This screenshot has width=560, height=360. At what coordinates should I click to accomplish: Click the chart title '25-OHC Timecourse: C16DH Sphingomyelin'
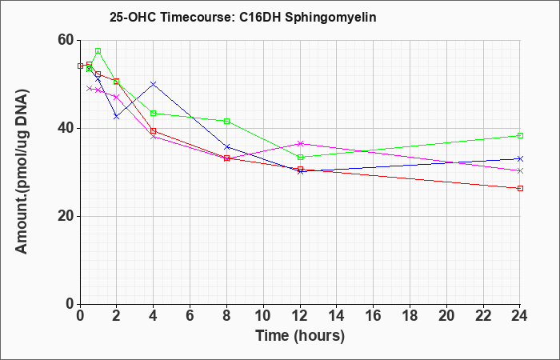click(x=243, y=17)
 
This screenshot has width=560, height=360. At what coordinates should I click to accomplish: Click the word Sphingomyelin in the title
click(x=330, y=18)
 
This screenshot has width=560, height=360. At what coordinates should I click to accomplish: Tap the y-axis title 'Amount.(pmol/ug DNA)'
click(x=22, y=171)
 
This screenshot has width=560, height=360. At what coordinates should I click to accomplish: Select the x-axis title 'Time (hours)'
click(x=300, y=336)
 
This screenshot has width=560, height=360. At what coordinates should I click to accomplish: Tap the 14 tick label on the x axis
click(x=337, y=316)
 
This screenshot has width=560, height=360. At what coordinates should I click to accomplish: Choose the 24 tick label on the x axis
click(x=519, y=316)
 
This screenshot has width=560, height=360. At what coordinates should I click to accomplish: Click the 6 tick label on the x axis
click(x=190, y=316)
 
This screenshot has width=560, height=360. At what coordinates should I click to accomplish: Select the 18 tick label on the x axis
click(x=410, y=316)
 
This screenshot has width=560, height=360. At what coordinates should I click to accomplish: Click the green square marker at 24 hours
click(x=520, y=136)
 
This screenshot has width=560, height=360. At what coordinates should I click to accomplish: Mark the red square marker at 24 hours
click(x=520, y=188)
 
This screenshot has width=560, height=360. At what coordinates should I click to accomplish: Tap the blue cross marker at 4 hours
click(x=154, y=84)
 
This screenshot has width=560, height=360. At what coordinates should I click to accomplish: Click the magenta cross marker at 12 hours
click(x=300, y=143)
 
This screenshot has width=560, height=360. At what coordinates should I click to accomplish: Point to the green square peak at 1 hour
click(x=98, y=51)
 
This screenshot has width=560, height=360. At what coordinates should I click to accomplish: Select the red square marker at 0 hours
click(x=80, y=66)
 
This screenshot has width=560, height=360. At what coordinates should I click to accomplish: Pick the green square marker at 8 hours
click(x=226, y=122)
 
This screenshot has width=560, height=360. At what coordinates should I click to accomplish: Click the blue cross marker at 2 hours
click(x=117, y=117)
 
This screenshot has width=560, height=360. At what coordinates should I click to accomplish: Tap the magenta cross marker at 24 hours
click(x=520, y=170)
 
